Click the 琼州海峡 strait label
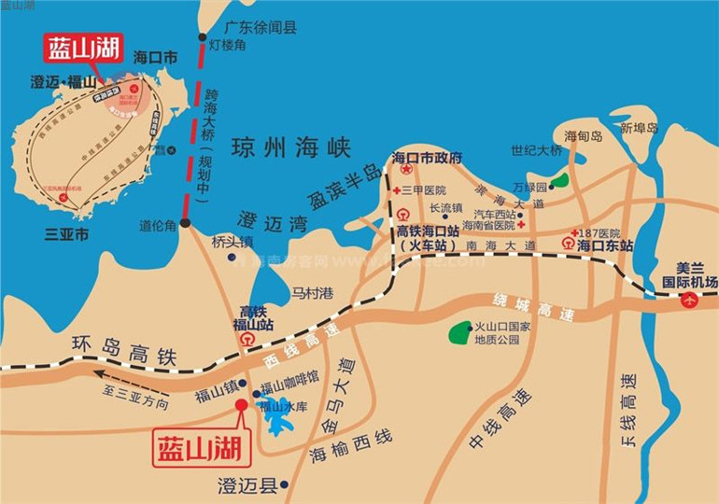[x=290, y=148]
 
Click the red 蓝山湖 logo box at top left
[x=83, y=48]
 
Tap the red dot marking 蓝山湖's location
[x=241, y=405]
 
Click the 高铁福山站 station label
[x=252, y=318]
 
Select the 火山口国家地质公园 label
[x=502, y=333]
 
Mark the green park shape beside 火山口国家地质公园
[x=459, y=331]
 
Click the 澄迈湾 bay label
[x=261, y=220]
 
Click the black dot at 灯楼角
[x=203, y=37]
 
